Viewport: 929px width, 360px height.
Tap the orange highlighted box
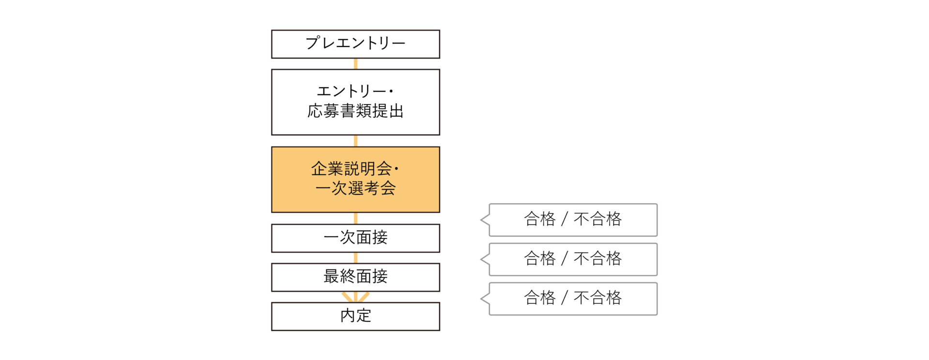(x=356, y=180)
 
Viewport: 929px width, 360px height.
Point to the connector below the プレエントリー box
(x=356, y=64)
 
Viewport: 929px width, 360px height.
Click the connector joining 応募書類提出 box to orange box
(x=356, y=141)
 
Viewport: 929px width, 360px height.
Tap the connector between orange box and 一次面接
(x=356, y=218)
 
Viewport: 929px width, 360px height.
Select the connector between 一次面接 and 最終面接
(x=356, y=258)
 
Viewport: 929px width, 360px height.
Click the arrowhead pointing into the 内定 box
(x=356, y=297)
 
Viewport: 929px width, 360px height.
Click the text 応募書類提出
(x=356, y=111)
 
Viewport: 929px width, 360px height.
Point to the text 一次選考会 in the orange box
(x=356, y=188)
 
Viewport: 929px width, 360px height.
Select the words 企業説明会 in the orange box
(x=351, y=169)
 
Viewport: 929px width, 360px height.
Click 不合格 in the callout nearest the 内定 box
(x=598, y=298)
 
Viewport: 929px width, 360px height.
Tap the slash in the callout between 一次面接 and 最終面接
(x=564, y=258)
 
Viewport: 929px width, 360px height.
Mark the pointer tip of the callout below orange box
(x=481, y=220)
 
